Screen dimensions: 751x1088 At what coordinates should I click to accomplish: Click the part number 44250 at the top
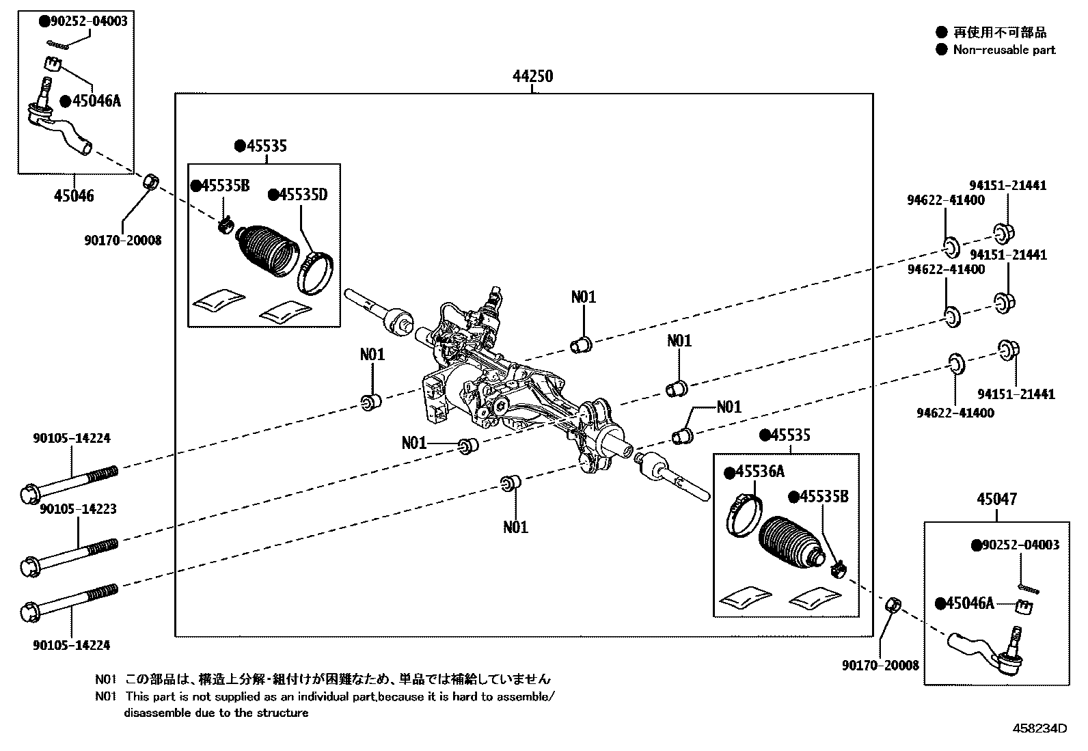pos(533,77)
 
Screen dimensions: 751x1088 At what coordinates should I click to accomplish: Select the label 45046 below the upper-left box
pos(74,196)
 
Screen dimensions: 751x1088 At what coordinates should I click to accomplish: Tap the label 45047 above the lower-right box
pos(996,500)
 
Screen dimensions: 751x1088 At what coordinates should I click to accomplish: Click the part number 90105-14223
pos(78,509)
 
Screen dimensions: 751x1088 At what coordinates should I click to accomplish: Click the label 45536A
pos(759,472)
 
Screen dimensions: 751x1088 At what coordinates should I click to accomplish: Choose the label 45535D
pos(303,195)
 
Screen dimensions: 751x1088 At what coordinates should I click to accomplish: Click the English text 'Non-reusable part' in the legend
pos(1004,50)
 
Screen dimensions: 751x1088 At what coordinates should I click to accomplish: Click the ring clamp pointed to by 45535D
pos(316,273)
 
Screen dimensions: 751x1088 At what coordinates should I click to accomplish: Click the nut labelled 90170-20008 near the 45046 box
pos(152,182)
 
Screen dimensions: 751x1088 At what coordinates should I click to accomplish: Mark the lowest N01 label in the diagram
pos(516,527)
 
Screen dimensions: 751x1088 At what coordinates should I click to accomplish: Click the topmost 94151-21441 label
pos(1008,185)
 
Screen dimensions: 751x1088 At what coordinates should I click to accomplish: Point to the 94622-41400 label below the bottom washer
pos(955,413)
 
